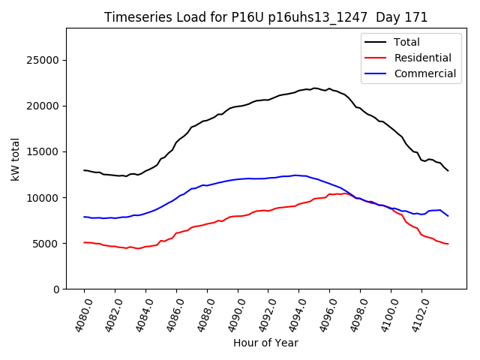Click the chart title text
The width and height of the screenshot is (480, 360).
point(265,17)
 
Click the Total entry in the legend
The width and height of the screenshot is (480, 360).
point(406,42)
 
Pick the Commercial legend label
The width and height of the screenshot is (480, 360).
point(424,73)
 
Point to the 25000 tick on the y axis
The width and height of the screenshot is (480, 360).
point(43,60)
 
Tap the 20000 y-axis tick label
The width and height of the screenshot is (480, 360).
point(43,106)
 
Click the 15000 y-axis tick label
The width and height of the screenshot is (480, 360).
point(43,151)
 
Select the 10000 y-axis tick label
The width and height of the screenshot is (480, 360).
point(43,197)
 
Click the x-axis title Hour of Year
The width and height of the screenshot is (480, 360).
point(265,343)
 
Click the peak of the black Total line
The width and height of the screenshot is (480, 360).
point(315,88)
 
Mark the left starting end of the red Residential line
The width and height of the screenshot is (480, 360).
point(84,242)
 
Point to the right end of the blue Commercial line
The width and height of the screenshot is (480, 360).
point(448,216)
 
